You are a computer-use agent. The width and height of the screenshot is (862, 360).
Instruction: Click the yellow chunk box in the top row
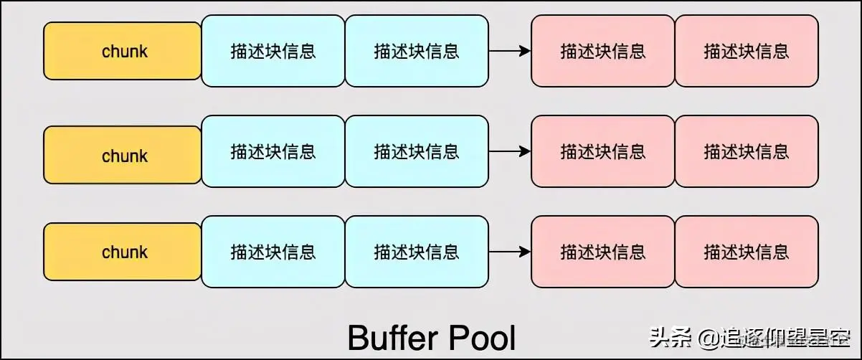123,51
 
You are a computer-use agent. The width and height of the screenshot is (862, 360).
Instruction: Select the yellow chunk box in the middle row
123,155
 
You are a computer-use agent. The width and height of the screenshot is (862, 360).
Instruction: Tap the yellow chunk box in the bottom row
123,252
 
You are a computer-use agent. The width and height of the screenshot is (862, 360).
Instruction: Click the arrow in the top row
510,51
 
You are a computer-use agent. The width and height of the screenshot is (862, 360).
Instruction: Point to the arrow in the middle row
510,151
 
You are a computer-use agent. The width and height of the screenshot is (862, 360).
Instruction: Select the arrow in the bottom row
510,252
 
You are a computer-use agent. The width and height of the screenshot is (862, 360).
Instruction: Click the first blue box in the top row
273,51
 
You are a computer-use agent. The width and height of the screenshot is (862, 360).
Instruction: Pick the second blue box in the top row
417,51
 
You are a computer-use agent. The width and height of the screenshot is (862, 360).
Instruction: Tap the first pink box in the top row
603,51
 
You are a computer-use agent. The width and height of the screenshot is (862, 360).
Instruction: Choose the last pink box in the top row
747,51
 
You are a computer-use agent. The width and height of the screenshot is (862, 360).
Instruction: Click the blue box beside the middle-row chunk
273,151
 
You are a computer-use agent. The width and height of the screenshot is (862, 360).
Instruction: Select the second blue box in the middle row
417,151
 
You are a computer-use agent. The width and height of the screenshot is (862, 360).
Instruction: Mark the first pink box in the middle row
603,151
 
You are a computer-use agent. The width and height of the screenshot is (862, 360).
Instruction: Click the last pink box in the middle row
747,151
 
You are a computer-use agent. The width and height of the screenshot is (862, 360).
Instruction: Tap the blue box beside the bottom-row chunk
273,252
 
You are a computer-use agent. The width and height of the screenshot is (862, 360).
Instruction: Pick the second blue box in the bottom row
417,252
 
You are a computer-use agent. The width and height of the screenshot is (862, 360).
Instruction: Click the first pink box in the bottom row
603,252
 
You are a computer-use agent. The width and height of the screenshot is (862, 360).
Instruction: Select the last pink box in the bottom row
747,252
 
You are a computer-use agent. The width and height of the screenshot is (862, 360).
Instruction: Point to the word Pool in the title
482,338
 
